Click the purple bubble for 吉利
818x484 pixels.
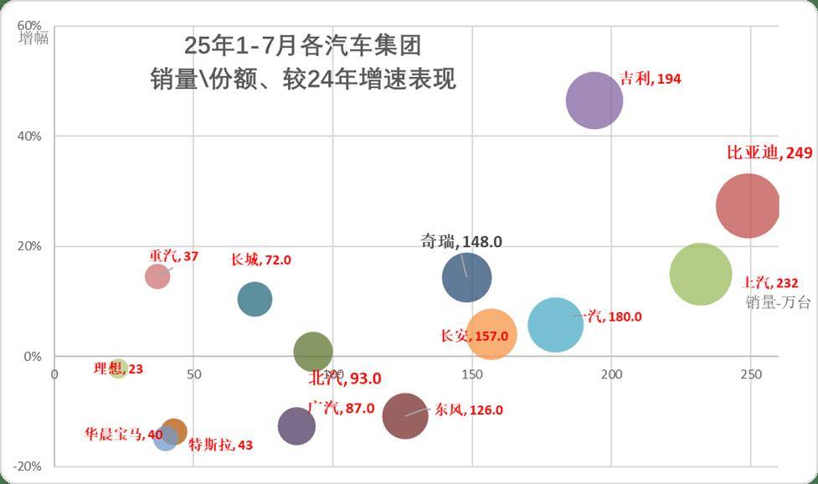(594, 100)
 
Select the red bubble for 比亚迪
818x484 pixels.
(748, 206)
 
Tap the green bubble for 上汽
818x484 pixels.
(701, 274)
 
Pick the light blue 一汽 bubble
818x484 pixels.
(555, 324)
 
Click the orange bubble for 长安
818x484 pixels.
(491, 334)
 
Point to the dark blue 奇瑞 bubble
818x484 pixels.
(466, 277)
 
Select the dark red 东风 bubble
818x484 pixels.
(406, 415)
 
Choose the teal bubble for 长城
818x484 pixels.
(255, 299)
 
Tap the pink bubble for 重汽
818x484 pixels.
(157, 275)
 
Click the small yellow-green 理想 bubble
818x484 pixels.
(118, 368)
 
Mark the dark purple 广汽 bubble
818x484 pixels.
(296, 426)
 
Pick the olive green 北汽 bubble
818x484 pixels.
(313, 353)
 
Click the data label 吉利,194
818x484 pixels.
(651, 79)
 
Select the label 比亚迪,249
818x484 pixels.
(769, 153)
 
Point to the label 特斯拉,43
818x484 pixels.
(220, 445)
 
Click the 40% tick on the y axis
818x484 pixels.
(31, 136)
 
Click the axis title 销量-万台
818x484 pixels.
(778, 302)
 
